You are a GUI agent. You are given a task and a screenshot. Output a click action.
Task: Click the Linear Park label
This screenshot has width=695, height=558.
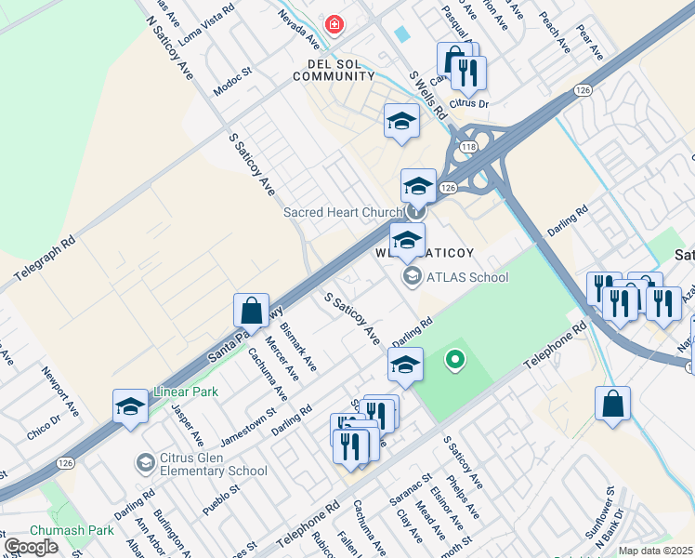(186, 392)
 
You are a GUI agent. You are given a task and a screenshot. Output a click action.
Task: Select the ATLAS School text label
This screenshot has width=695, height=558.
(466, 276)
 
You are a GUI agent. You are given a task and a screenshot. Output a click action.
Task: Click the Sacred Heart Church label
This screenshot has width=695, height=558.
(342, 212)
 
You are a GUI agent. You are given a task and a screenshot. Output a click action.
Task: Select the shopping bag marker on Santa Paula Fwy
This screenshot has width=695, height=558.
(252, 310)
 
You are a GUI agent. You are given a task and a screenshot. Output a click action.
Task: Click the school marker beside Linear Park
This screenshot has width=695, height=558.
(130, 405)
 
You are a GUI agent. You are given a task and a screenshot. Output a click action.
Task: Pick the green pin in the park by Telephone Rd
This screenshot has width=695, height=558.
(454, 358)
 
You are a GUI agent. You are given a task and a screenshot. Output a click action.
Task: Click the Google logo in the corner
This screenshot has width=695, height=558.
(31, 547)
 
